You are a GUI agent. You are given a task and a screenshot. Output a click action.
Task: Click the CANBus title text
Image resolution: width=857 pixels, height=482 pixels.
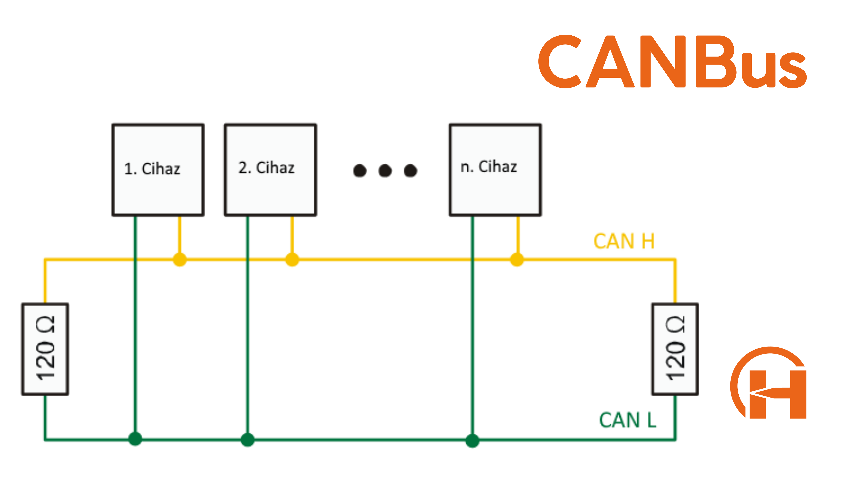[672, 62]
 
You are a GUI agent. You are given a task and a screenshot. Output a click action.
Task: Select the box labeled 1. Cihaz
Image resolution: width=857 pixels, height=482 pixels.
[158, 170]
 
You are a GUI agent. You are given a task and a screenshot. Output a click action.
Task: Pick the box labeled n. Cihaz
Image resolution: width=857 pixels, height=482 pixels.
[495, 170]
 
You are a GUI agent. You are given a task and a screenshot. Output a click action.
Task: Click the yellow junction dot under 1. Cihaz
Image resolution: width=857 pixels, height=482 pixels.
[180, 260]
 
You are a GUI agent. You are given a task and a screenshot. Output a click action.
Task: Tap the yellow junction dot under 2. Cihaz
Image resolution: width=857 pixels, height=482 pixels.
[292, 260]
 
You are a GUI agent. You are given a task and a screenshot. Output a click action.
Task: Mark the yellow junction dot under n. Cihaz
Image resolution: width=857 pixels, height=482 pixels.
[517, 260]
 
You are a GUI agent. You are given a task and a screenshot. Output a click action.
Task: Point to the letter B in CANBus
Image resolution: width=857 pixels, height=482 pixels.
[715, 62]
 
